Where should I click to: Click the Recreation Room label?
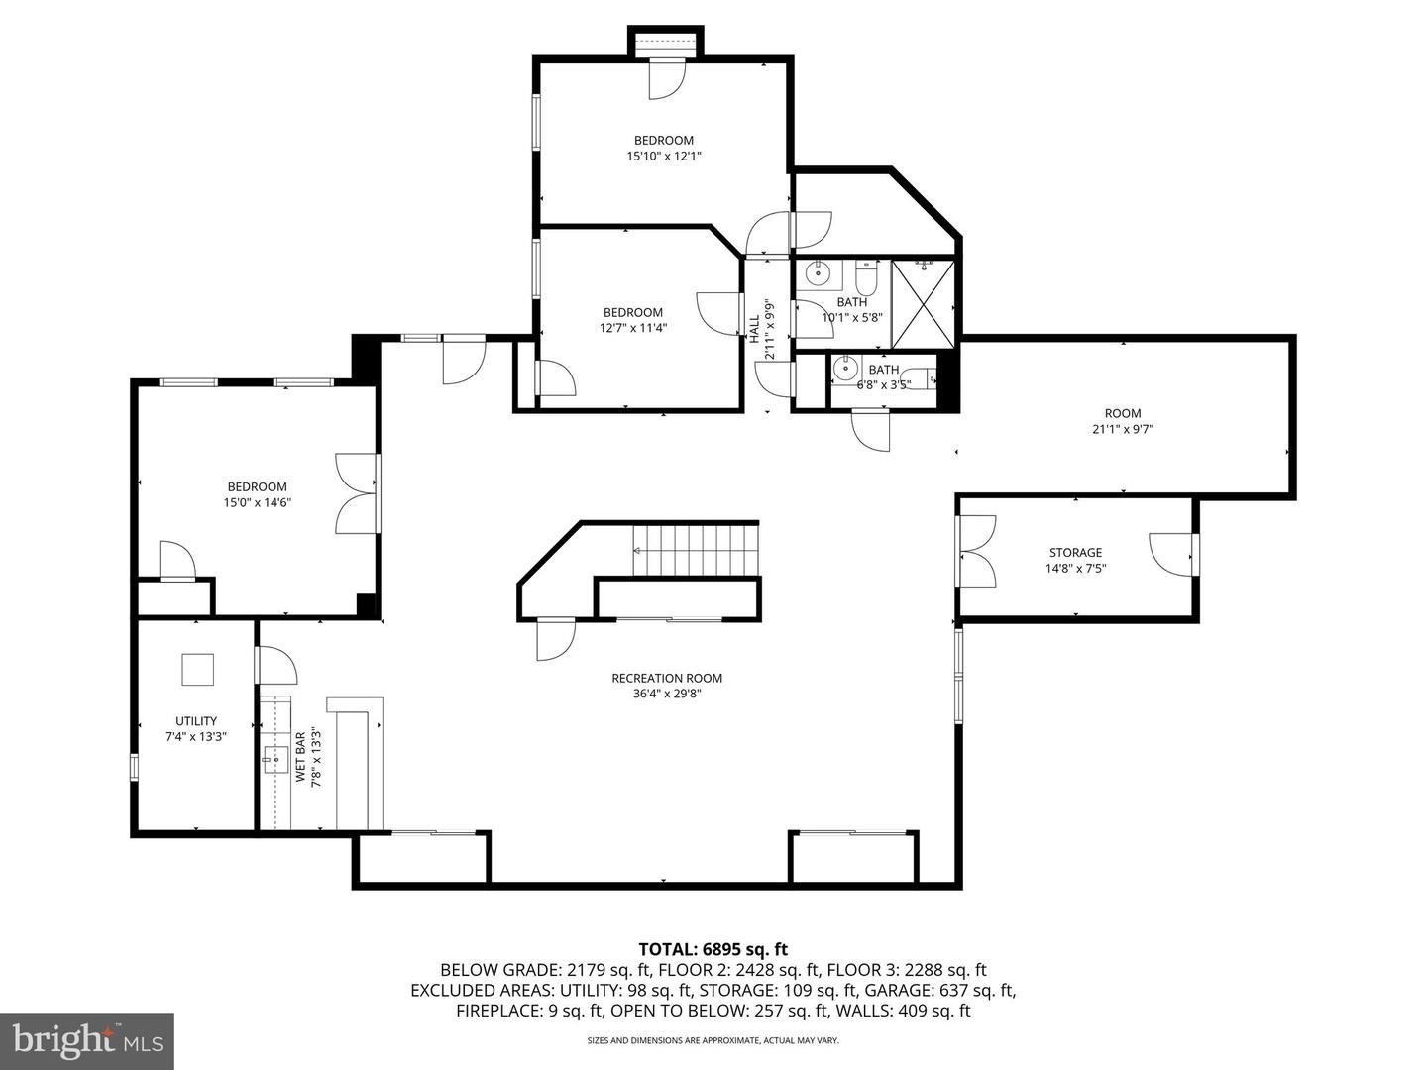point(666,678)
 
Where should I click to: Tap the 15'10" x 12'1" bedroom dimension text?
point(664,156)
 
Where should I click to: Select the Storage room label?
point(1075,552)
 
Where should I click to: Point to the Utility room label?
point(195,721)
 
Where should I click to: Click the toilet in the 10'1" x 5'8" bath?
point(866,278)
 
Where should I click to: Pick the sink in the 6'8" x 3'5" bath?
point(845,370)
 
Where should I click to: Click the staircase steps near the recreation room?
point(696,550)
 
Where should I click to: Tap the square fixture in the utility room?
point(197,669)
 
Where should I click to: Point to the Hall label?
point(755,329)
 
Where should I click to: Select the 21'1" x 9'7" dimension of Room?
point(1123,429)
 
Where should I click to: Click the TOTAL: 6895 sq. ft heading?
point(713,949)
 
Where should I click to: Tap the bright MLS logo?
point(87,1040)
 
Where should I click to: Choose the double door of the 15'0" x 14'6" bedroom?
point(357,493)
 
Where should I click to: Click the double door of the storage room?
point(976,551)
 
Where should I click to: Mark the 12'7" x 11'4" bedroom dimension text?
point(633,328)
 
